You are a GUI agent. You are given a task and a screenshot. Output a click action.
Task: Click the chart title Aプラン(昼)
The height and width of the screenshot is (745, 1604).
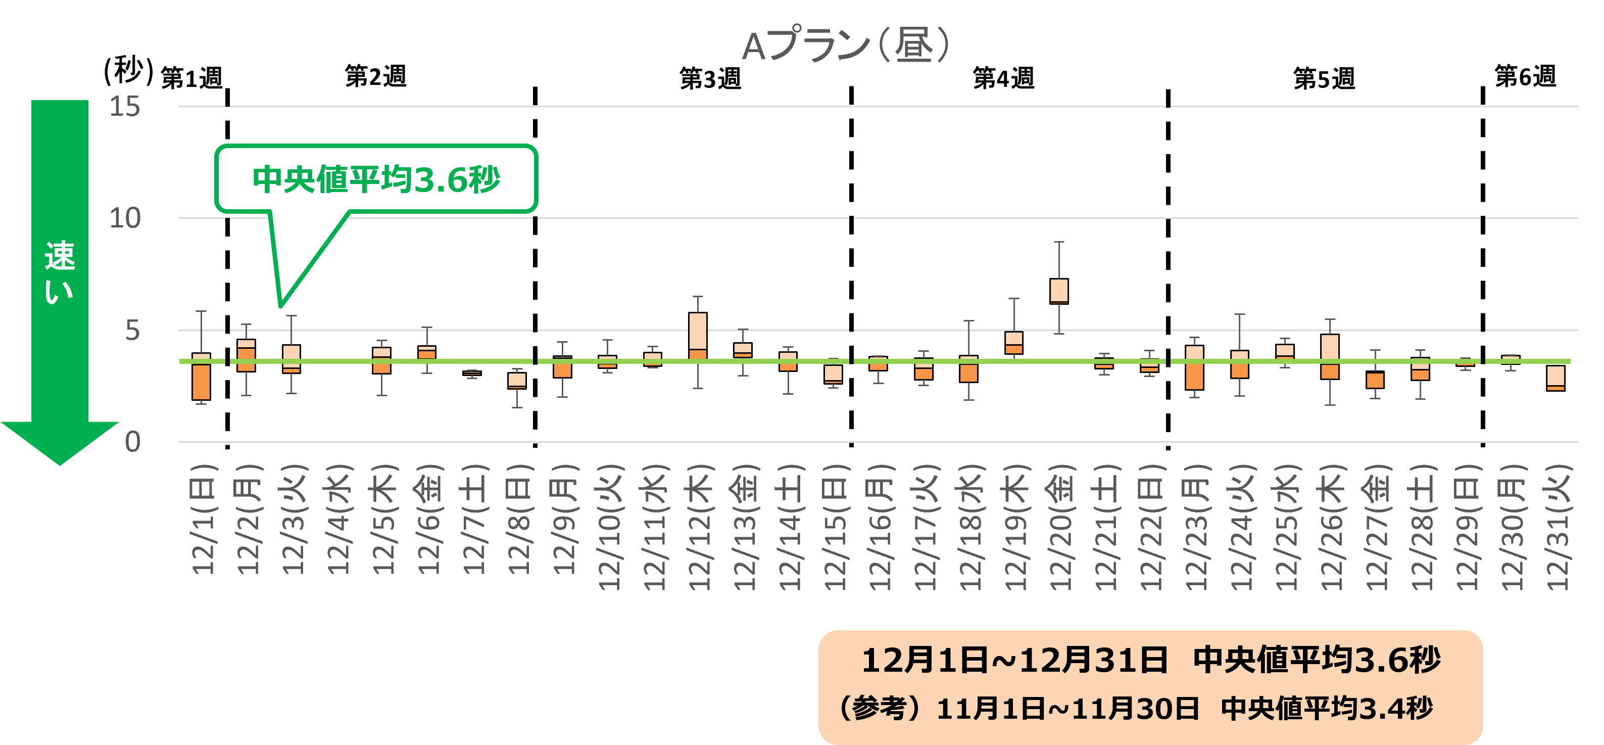[x=847, y=45]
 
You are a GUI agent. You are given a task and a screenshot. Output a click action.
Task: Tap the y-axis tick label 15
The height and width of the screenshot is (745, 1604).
[x=125, y=107]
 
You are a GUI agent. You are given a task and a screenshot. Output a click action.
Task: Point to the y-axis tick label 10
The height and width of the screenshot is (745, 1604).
[x=125, y=218]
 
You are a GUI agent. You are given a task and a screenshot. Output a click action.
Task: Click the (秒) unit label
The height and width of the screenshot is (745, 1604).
[x=128, y=70]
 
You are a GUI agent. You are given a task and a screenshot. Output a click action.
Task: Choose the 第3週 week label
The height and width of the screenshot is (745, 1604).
[x=710, y=78]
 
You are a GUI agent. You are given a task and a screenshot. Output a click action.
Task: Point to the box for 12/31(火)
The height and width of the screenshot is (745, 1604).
[x=1555, y=378]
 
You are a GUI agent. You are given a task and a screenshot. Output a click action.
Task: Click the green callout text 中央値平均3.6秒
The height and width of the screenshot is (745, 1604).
[x=376, y=179]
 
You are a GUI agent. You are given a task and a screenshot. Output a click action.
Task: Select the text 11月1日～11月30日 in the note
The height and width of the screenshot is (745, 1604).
[x=1067, y=709]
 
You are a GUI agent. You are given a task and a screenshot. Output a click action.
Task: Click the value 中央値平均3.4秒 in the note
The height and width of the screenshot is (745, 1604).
[x=1326, y=709]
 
